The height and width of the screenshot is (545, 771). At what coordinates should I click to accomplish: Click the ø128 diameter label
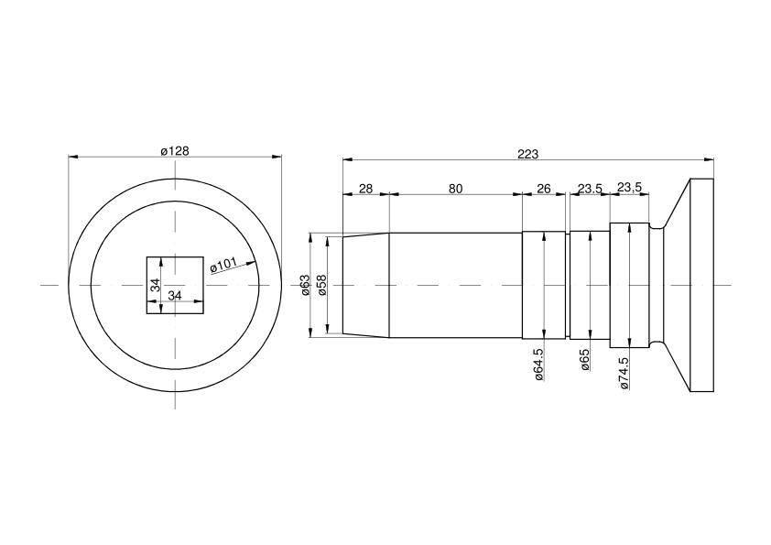[x=175, y=151]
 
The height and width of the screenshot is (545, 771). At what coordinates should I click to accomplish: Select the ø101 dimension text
[x=223, y=265]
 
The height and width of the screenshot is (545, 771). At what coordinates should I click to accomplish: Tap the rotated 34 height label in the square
[x=156, y=285]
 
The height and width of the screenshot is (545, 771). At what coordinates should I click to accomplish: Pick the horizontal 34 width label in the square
[x=175, y=296]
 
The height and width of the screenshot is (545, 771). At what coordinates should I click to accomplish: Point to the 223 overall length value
[x=527, y=154]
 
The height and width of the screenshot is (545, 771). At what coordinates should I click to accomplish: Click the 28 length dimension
[x=366, y=189]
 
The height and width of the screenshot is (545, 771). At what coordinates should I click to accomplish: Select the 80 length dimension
[x=455, y=189]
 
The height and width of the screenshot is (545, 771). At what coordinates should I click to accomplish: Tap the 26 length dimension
[x=543, y=189]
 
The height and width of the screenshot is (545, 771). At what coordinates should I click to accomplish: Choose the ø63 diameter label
[x=305, y=285]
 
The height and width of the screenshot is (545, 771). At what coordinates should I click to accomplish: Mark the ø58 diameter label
[x=322, y=285]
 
